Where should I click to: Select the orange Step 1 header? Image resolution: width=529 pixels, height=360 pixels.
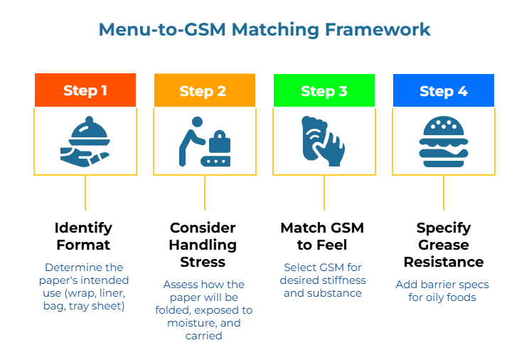pyautogui.click(x=85, y=90)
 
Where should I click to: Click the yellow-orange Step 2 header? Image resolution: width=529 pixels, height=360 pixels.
pyautogui.click(x=204, y=90)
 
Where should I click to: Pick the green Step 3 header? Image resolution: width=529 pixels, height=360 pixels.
pyautogui.click(x=324, y=90)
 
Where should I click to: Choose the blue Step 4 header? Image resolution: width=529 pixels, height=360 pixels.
pyautogui.click(x=443, y=90)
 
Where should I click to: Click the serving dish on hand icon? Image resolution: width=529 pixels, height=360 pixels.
pyautogui.click(x=85, y=141)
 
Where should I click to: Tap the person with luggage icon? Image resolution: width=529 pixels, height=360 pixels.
pyautogui.click(x=204, y=141)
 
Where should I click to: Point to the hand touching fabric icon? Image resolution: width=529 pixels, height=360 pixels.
pyautogui.click(x=324, y=141)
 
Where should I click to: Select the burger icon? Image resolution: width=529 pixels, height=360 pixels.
pyautogui.click(x=443, y=141)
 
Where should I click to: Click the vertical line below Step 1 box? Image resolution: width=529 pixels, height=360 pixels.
pyautogui.click(x=85, y=192)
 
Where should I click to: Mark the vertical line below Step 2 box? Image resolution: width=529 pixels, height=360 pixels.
pyautogui.click(x=205, y=192)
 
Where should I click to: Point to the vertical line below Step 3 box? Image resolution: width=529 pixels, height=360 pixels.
pyautogui.click(x=324, y=192)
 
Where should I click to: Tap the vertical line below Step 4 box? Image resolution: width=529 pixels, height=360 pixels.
pyautogui.click(x=444, y=192)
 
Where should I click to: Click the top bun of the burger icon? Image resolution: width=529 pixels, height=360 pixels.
pyautogui.click(x=443, y=127)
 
